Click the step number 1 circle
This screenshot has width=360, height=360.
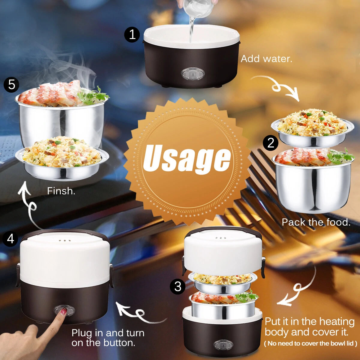point(132,35)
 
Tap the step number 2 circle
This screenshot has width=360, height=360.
point(271,143)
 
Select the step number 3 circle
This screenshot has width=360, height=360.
point(178,286)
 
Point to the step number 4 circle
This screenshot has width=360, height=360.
point(10,239)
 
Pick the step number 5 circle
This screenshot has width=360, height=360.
point(11,85)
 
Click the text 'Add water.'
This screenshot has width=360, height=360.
point(266,58)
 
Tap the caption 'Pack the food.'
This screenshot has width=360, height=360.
point(316,222)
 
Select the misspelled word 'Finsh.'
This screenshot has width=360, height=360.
point(61,191)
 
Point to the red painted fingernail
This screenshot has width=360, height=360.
point(64,312)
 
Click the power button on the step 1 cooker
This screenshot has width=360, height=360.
point(193,73)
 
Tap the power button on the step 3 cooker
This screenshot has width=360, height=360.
point(223,345)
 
